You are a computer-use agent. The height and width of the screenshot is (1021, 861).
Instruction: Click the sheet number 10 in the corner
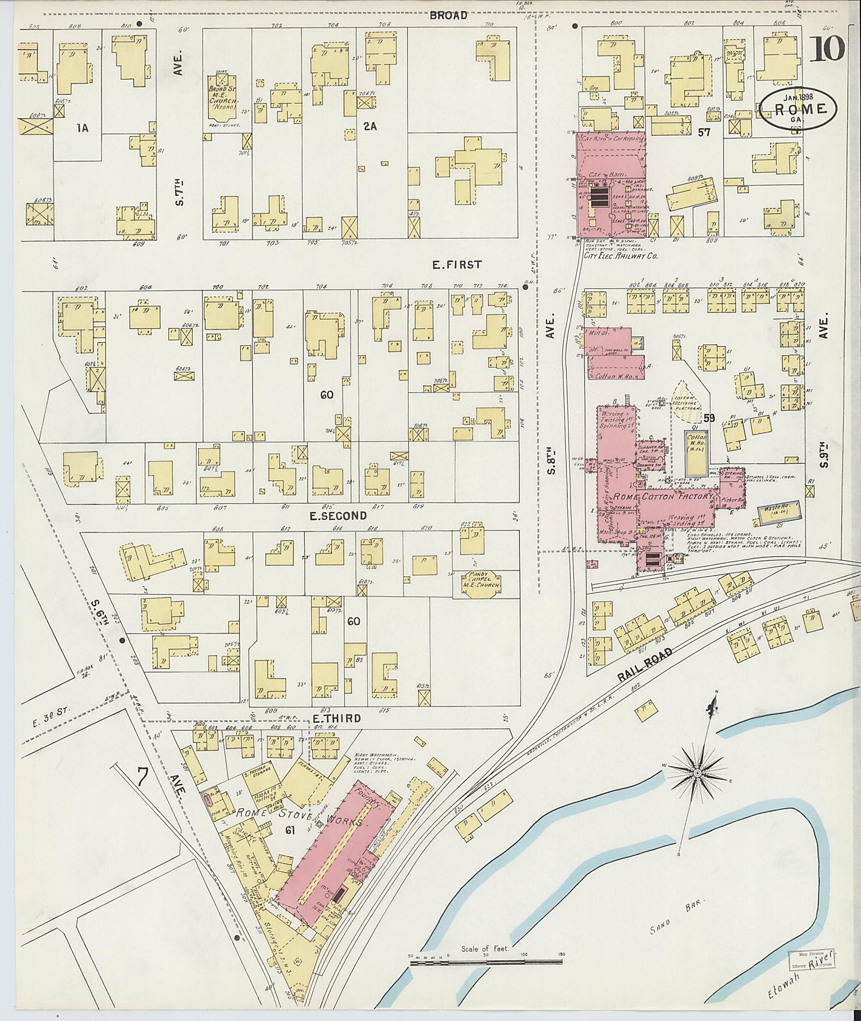[827, 49]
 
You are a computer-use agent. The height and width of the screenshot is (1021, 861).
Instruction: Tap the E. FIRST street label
[456, 265]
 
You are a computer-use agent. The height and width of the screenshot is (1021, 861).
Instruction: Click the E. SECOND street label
[338, 516]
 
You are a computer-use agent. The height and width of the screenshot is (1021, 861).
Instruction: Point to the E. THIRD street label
[336, 718]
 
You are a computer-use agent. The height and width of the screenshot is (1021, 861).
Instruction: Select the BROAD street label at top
[448, 15]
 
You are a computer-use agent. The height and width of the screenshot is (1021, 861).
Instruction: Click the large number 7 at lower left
[143, 779]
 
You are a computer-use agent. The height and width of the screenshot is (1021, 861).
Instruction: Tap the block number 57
[704, 132]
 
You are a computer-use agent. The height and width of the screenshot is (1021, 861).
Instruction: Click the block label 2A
[370, 127]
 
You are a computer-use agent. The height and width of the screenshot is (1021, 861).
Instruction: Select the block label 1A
[83, 128]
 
